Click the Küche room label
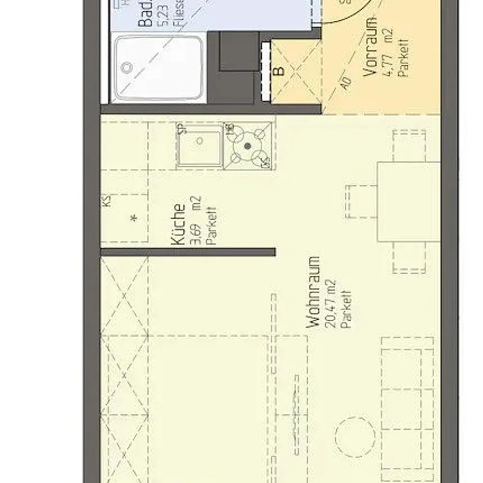click(x=179, y=224)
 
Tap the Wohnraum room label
click(x=314, y=293)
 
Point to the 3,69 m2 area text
click(x=197, y=221)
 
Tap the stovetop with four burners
click(x=248, y=145)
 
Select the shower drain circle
click(x=127, y=67)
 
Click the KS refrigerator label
click(x=106, y=200)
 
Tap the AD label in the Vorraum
click(x=345, y=83)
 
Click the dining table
click(x=408, y=201)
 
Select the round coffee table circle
click(x=355, y=437)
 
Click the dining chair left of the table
click(x=361, y=201)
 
